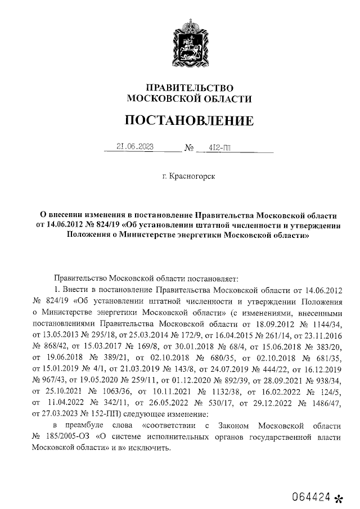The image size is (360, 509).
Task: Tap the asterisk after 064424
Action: [338, 498]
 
